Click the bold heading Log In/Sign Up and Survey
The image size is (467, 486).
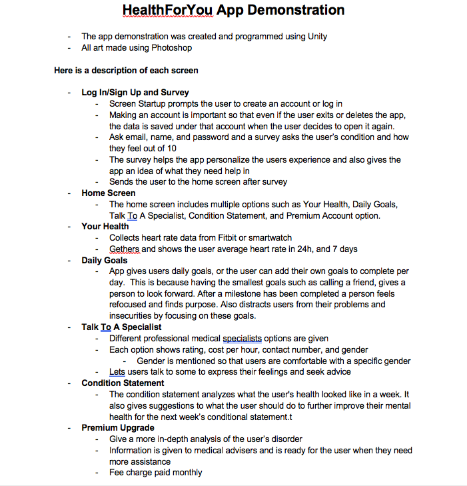coord(135,93)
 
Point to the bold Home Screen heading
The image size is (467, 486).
coord(109,193)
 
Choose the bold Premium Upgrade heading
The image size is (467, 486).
coord(118,427)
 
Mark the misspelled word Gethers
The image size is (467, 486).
coord(124,249)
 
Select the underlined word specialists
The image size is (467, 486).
coord(242,338)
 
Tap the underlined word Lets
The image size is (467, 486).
coord(117,371)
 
